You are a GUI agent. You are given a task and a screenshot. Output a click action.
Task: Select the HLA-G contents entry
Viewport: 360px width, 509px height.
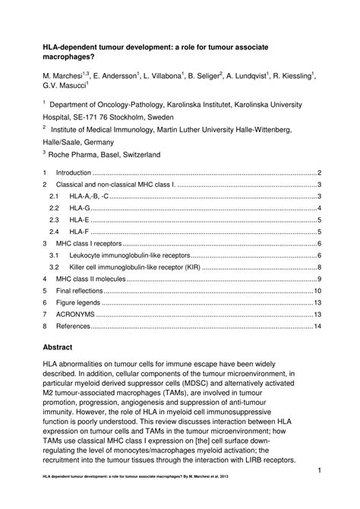click(80, 208)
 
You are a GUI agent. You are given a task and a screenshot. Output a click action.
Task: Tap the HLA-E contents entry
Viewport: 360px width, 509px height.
click(80, 220)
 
